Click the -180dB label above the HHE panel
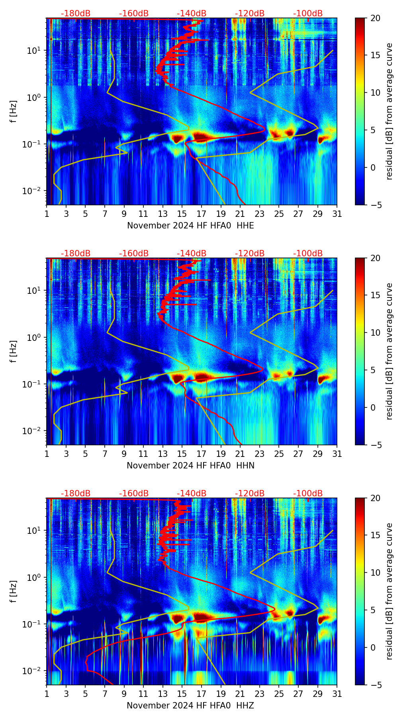tap(76, 14)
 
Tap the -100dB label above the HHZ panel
tap(308, 494)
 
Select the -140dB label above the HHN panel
tap(192, 254)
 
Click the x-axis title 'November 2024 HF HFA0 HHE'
tap(190, 226)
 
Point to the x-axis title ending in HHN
tap(190, 466)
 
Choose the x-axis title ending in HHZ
tap(190, 706)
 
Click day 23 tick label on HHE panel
tap(260, 214)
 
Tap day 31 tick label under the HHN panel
tap(337, 454)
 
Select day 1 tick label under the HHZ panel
tap(47, 694)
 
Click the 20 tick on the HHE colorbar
tap(376, 18)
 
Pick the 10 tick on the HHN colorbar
tap(376, 332)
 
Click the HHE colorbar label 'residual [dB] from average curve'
tap(389, 111)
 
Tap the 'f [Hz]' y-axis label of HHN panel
tap(14, 351)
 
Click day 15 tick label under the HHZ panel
tap(182, 694)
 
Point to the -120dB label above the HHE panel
tap(250, 14)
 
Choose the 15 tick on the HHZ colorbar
tap(376, 535)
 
